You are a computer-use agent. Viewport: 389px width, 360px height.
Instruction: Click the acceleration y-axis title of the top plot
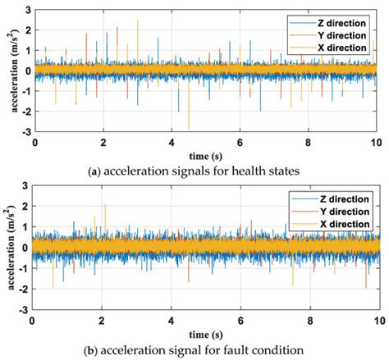(x=8, y=71)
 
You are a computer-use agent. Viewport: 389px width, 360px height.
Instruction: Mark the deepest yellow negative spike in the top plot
(x=189, y=127)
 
